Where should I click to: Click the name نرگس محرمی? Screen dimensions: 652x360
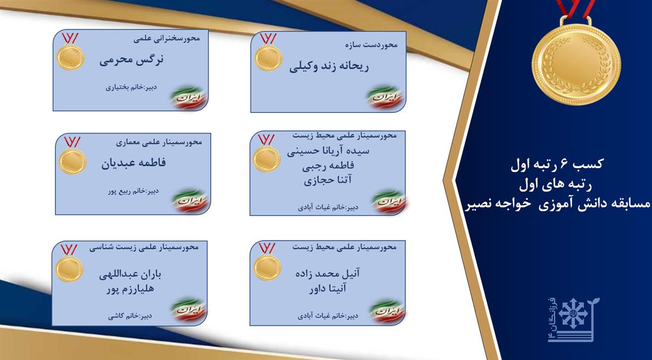point(131,60)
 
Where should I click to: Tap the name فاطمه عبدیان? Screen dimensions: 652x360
point(134,162)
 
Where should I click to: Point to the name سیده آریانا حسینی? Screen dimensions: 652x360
point(328,151)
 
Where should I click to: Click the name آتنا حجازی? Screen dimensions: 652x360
point(328,180)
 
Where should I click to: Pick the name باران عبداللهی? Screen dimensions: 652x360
point(130,275)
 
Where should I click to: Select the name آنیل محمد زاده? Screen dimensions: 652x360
point(328,274)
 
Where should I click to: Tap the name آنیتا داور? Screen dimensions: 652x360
point(328,288)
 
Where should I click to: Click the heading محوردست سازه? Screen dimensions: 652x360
point(372,45)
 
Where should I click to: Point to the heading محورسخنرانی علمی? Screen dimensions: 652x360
point(167,39)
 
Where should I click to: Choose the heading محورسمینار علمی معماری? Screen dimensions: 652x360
point(159,142)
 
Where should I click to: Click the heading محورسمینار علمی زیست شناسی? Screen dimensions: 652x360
point(144,247)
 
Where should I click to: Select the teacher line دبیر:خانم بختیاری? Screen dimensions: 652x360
point(131,87)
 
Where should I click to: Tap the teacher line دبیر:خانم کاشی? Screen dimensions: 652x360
point(130,316)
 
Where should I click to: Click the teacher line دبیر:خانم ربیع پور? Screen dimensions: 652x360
point(133,192)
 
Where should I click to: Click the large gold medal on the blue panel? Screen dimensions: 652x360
point(576,58)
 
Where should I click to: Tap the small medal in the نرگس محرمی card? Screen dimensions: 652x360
point(70,52)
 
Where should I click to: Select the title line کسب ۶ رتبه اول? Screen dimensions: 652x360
point(557,165)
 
